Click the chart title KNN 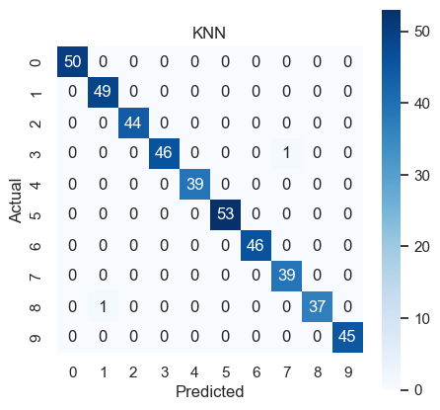(x=209, y=33)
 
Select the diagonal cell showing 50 (x=72, y=61)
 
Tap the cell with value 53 (x=225, y=214)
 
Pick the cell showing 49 (x=103, y=92)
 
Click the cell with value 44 (x=133, y=123)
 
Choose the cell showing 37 (x=317, y=306)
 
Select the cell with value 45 (x=347, y=337)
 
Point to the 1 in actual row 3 (x=286, y=153)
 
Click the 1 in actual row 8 (x=103, y=306)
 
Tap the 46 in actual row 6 (x=256, y=245)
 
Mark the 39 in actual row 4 (x=194, y=184)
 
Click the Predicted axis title (x=209, y=391)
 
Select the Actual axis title (x=15, y=201)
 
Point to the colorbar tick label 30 (x=422, y=176)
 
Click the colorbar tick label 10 (x=422, y=318)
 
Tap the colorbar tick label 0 (x=418, y=390)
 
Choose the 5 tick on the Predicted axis (x=226, y=372)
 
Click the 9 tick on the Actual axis (x=36, y=338)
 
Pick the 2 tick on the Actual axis (x=36, y=123)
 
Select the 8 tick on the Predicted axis (x=318, y=372)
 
